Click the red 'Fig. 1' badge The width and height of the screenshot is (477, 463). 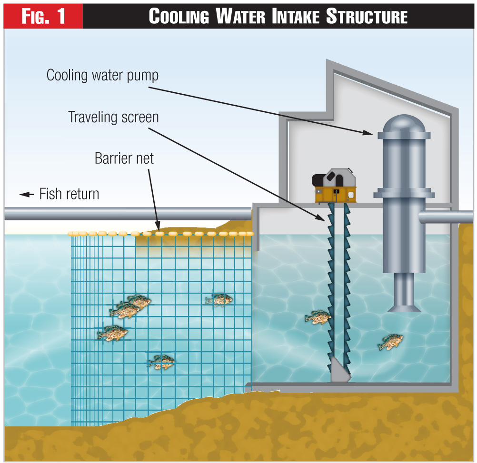click(x=43, y=16)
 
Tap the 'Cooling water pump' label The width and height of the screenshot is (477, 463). click(x=102, y=75)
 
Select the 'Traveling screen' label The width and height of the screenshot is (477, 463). click(x=113, y=117)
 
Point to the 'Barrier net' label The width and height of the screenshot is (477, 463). click(x=124, y=158)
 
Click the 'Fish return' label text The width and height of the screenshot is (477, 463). click(x=69, y=194)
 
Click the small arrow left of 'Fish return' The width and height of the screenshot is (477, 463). click(x=27, y=194)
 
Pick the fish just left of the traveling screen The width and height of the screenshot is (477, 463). click(x=318, y=317)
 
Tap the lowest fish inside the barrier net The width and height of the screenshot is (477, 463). click(x=161, y=362)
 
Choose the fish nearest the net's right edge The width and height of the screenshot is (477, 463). click(x=219, y=299)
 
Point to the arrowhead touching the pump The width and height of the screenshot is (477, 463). click(x=369, y=133)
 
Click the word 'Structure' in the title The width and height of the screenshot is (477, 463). click(x=367, y=16)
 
